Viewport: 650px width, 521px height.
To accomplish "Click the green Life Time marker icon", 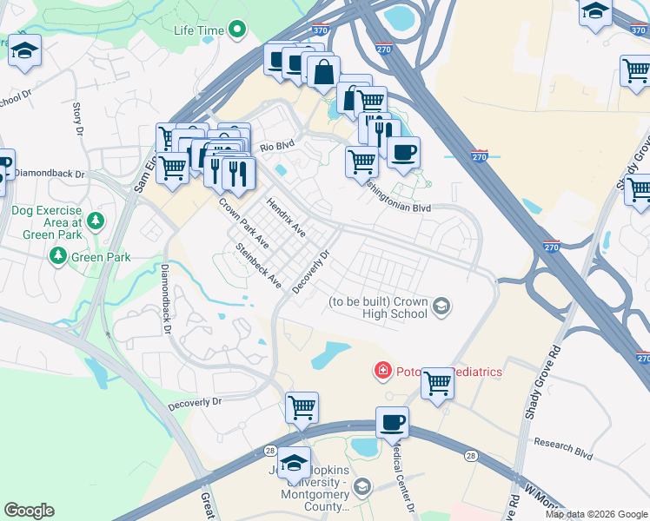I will pyautogui.click(x=237, y=30).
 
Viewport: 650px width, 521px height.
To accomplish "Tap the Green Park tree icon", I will pyautogui.click(x=58, y=255).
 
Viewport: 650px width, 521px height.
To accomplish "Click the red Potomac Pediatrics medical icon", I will pyautogui.click(x=381, y=372).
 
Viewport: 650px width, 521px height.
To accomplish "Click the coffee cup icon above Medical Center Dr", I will pyautogui.click(x=391, y=423).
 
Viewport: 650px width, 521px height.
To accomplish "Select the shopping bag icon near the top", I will pyautogui.click(x=323, y=72).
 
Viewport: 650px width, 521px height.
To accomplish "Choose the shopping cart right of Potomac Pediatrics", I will pyautogui.click(x=437, y=382).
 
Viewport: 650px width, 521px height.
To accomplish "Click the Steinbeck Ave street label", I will pyautogui.click(x=259, y=266).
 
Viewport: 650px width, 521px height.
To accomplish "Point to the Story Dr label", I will pyautogui.click(x=77, y=119).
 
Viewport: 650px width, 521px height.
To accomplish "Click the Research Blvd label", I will pyautogui.click(x=568, y=448).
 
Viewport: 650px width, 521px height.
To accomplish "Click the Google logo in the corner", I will pyautogui.click(x=29, y=511).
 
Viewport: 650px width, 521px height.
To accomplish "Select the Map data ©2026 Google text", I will pyautogui.click(x=596, y=514).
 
